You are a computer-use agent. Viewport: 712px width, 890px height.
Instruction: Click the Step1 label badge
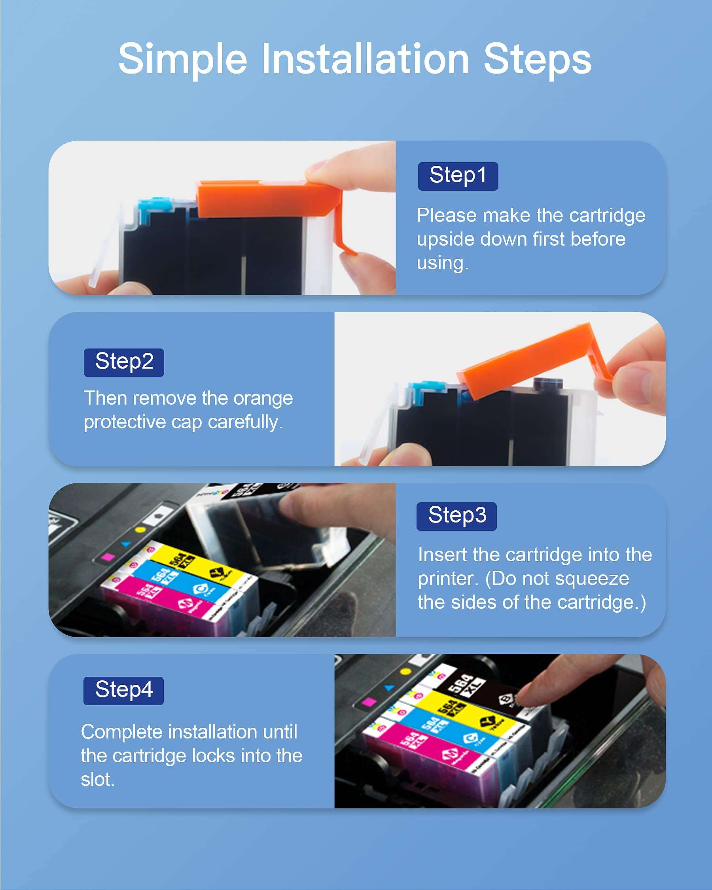[458, 176]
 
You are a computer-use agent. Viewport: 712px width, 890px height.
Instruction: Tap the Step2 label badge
[124, 362]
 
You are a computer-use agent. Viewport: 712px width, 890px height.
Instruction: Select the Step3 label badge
[456, 517]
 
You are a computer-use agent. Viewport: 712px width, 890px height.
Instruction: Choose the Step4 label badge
[123, 691]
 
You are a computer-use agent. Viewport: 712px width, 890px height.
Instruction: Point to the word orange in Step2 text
[263, 398]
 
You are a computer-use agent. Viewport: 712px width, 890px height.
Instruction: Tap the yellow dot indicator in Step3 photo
[140, 530]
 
